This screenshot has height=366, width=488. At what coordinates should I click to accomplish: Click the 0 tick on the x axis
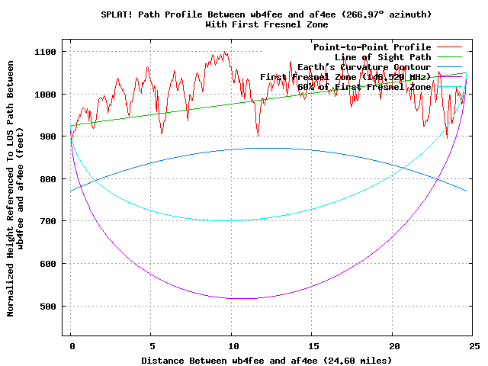pos(71,345)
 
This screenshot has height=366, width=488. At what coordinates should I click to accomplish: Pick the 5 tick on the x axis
pos(151,345)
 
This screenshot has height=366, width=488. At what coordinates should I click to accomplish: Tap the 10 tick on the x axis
pos(232,345)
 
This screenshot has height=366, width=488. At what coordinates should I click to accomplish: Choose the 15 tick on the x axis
pos(312,345)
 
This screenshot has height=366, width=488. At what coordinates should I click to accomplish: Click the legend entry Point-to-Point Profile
pos(372,47)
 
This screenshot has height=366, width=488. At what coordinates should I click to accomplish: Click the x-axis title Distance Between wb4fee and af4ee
pos(266,359)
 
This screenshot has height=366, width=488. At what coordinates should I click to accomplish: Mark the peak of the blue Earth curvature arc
pos(252,149)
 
